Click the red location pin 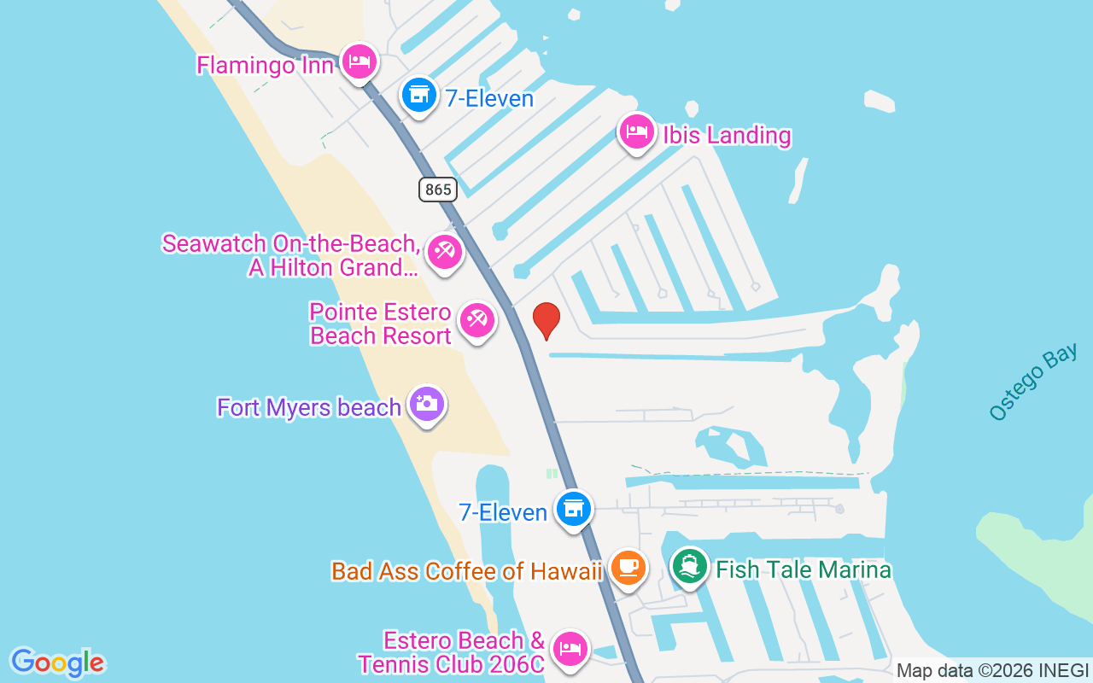pos(546,320)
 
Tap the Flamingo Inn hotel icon pos(359,61)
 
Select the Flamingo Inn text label pos(265,65)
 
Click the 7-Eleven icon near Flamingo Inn pos(418,94)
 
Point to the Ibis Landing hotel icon pos(637,132)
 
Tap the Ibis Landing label pos(727,136)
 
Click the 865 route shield pos(437,189)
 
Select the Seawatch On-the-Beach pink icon pos(445,252)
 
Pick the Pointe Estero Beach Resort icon pos(477,321)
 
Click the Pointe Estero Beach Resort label pos(380,324)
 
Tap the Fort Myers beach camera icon pos(426,404)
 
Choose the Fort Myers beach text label pos(309,407)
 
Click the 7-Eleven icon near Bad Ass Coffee pos(574,509)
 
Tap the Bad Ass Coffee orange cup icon pos(628,568)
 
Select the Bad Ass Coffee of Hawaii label pos(467,571)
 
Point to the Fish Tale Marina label pos(804,569)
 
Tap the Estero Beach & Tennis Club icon pos(570,650)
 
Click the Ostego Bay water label pos(1033,382)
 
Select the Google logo pos(57,663)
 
